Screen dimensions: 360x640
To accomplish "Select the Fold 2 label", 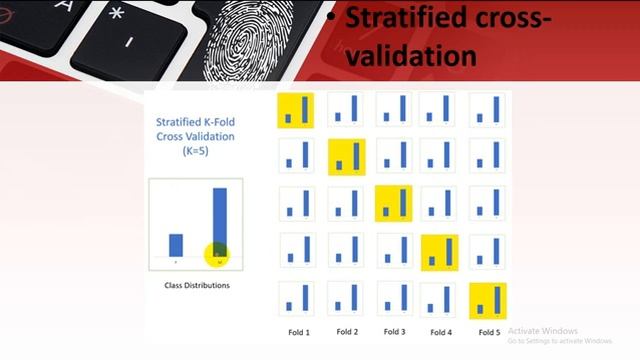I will pos(347,331).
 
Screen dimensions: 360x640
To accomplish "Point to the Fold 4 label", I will pos(440,331).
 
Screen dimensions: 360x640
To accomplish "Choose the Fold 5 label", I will pos(488,331).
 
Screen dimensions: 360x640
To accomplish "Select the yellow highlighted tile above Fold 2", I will pos(347,157).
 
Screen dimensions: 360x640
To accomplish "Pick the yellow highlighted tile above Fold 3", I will pos(393,203).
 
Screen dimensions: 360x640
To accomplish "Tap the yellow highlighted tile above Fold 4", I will pos(440,252).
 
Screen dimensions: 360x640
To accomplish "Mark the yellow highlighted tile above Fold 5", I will pos(488,299).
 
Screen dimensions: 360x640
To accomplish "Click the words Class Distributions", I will pos(197,285).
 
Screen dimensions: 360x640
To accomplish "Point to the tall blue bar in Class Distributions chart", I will pos(219,225).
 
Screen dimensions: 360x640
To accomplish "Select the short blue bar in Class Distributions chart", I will pos(176,245).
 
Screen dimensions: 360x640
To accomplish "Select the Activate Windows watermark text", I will pos(543,331).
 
